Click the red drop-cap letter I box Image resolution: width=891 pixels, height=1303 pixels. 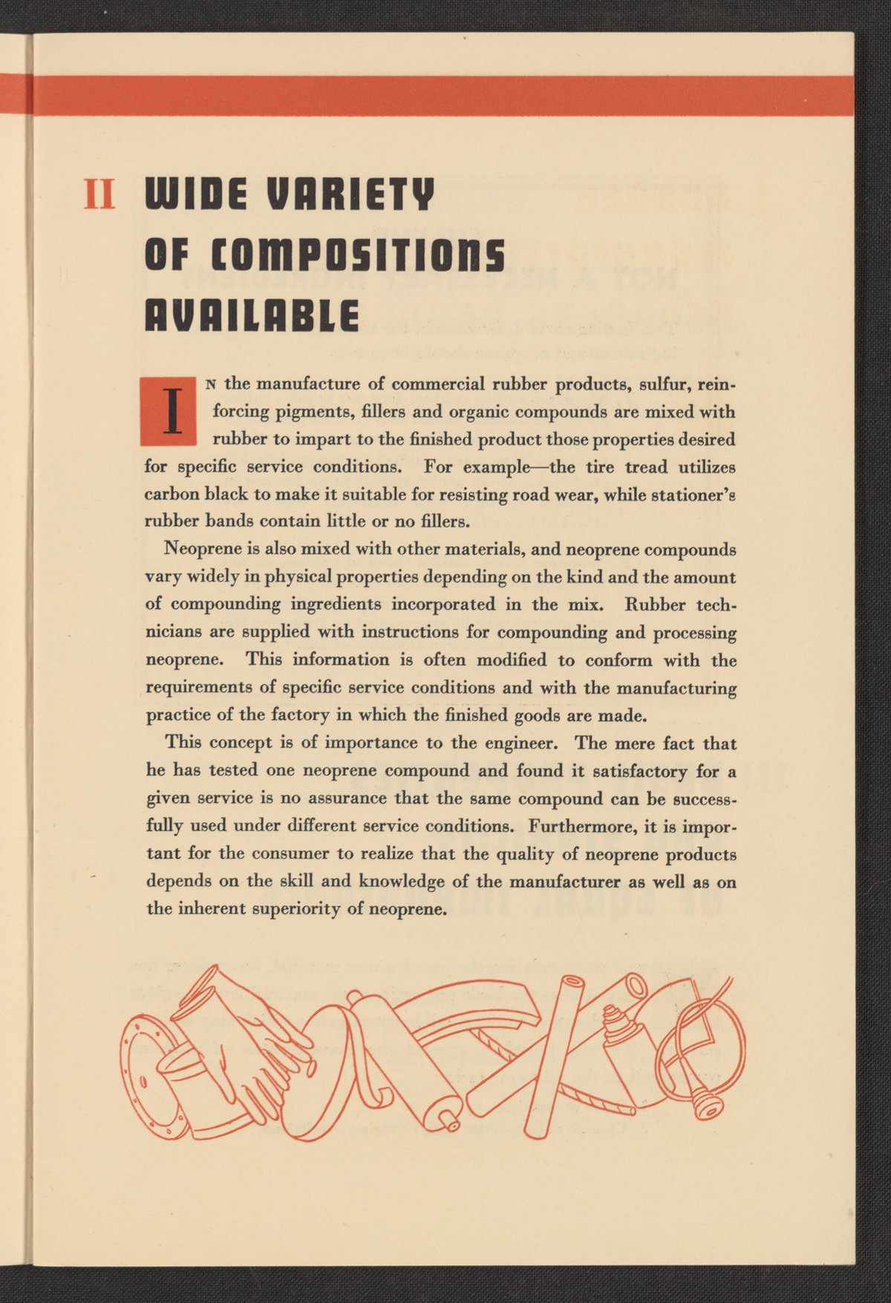pos(169,411)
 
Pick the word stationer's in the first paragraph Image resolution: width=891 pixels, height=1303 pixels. pos(693,495)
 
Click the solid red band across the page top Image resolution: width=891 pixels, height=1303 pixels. pos(446,95)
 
